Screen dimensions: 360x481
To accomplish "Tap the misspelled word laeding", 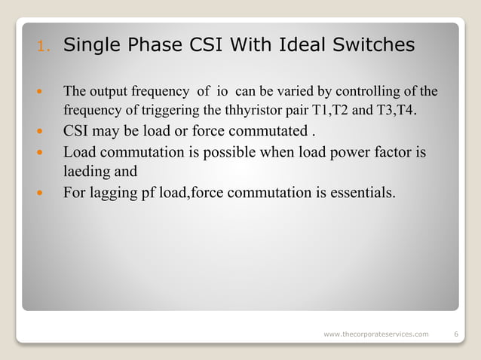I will [x=86, y=171].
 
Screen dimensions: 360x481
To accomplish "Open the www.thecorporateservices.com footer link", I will [x=375, y=333].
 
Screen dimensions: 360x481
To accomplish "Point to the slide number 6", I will [x=457, y=333].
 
